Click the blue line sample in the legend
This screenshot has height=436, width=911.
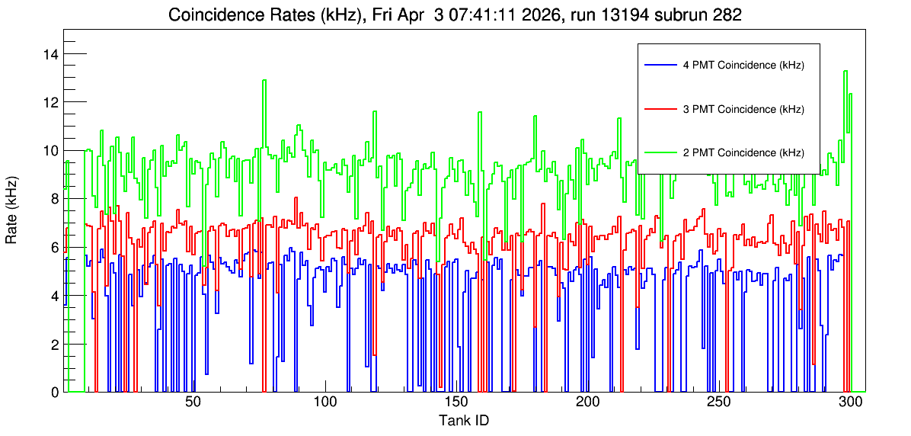tap(660, 65)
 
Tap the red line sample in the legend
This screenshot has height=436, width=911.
tap(660, 108)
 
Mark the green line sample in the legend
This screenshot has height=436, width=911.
tap(660, 152)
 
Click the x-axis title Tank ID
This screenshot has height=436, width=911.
tap(463, 420)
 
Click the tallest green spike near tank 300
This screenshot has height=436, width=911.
tap(845, 71)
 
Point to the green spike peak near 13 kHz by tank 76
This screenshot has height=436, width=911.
tap(264, 80)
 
